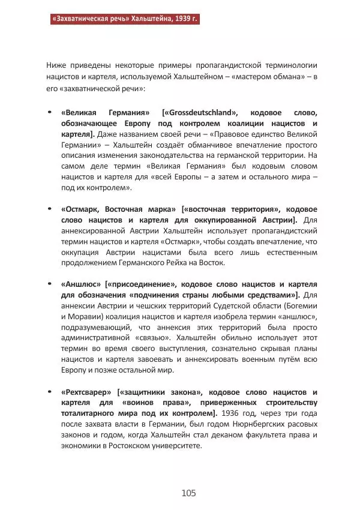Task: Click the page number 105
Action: pyautogui.click(x=189, y=493)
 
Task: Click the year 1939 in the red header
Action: pyautogui.click(x=176, y=19)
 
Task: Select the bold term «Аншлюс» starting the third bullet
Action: pyautogui.click(x=81, y=284)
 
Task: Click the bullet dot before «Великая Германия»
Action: pyautogui.click(x=49, y=113)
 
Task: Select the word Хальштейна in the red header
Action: pyautogui.click(x=139, y=19)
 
